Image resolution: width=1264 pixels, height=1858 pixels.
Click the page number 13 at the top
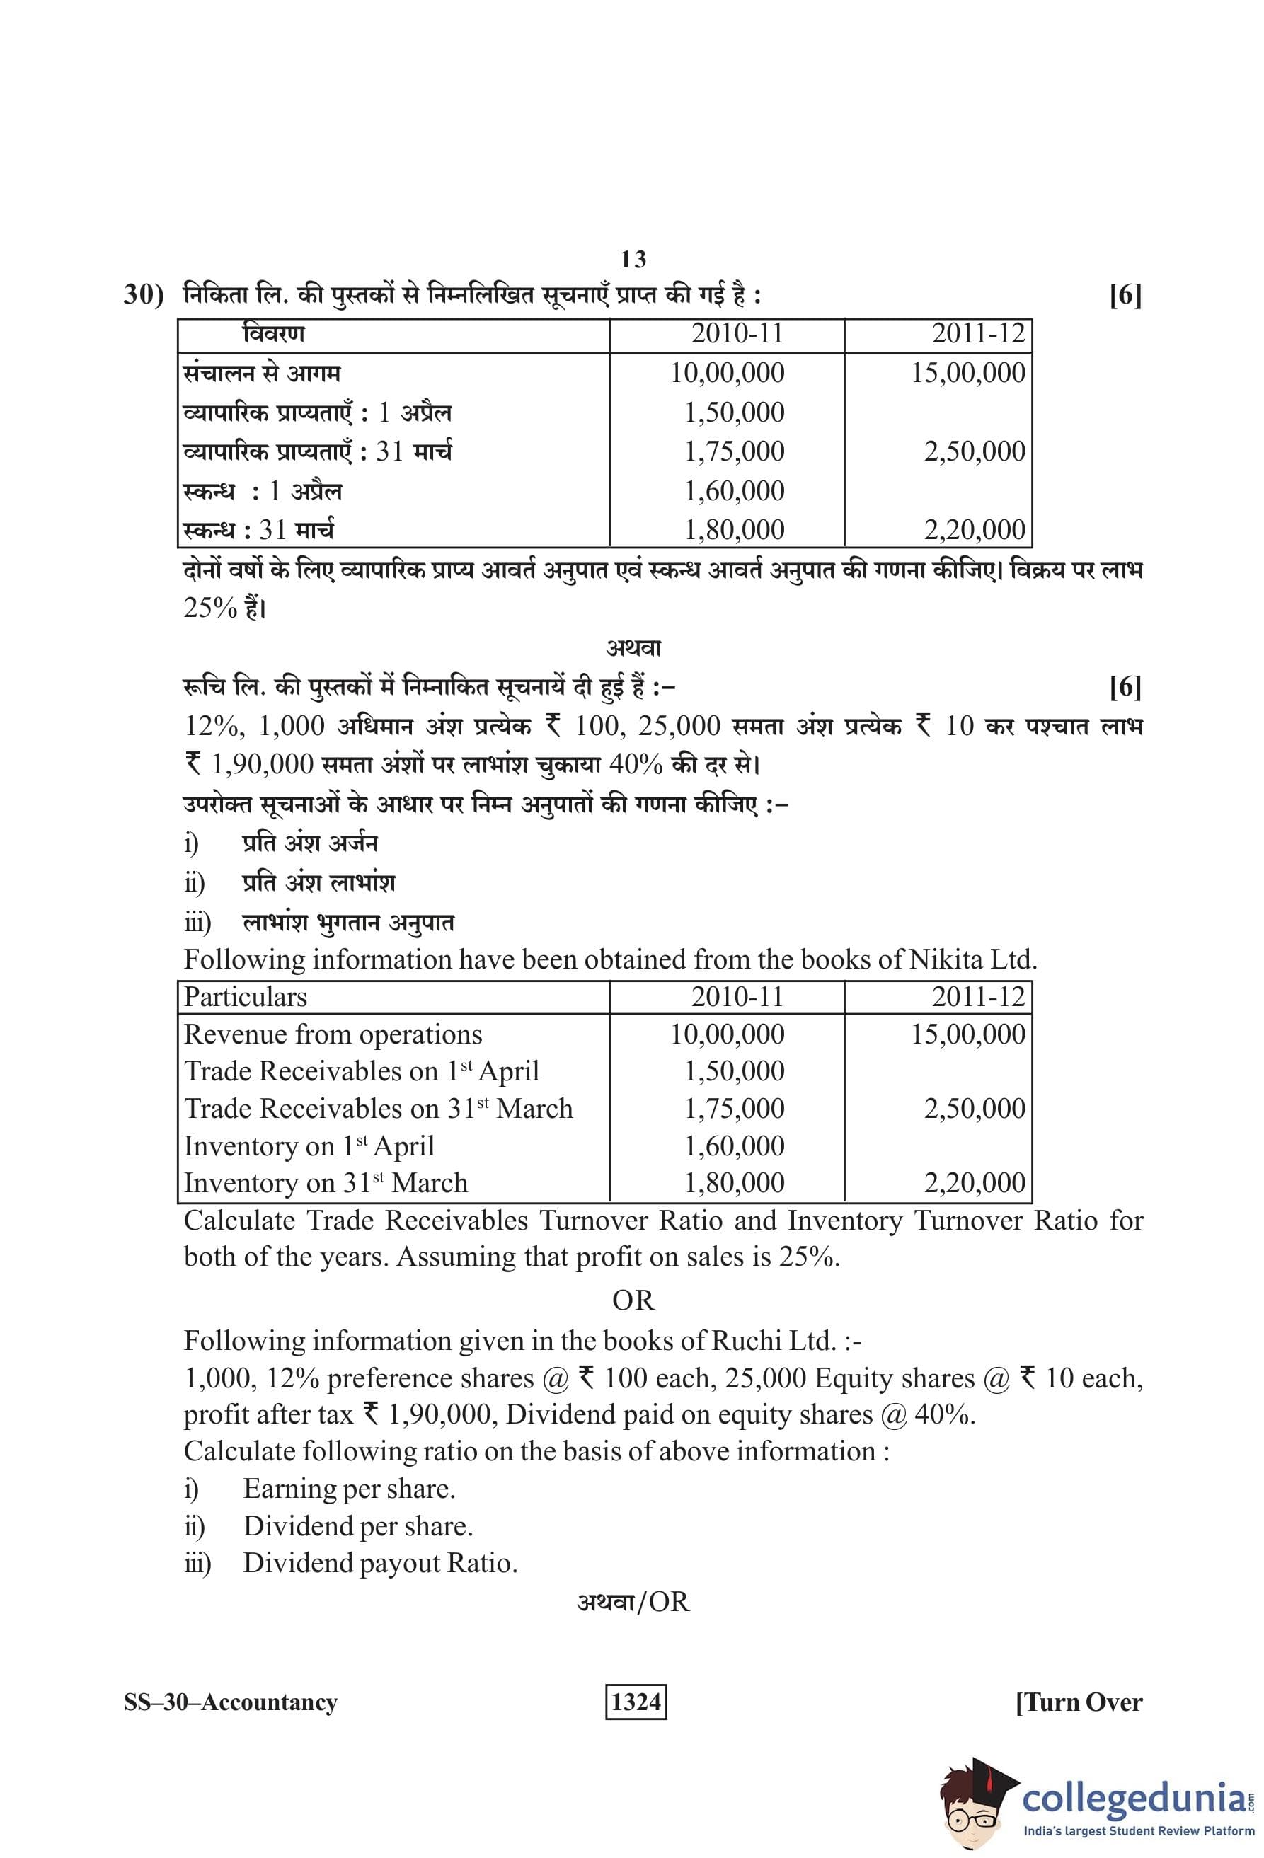coord(633,259)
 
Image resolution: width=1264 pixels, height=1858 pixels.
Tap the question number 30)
coord(143,295)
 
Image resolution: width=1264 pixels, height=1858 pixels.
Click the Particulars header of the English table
coord(246,997)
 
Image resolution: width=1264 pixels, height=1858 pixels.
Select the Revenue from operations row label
coord(333,1034)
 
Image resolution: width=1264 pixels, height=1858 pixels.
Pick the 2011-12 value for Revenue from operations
coord(967,1034)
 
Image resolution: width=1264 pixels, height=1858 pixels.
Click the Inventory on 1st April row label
coord(309,1146)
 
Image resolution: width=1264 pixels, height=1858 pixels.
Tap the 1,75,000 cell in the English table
coord(734,1109)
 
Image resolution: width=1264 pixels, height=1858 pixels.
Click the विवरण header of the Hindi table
coord(273,333)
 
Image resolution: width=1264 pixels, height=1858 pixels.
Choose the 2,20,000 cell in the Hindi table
coord(974,530)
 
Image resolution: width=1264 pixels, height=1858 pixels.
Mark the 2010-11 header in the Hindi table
coord(736,333)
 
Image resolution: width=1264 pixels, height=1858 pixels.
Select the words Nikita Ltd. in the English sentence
coord(972,959)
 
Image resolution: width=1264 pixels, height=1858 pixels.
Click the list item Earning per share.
coord(349,1489)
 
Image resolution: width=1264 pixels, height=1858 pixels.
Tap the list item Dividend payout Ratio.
coord(380,1563)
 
